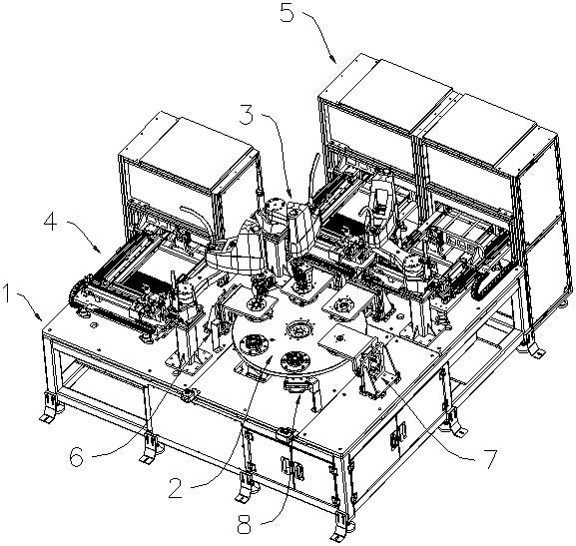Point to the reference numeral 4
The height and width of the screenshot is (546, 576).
pos(50,223)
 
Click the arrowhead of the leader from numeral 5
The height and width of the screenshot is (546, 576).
pos(333,61)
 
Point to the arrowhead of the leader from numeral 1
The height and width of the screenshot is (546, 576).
pos(40,318)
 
